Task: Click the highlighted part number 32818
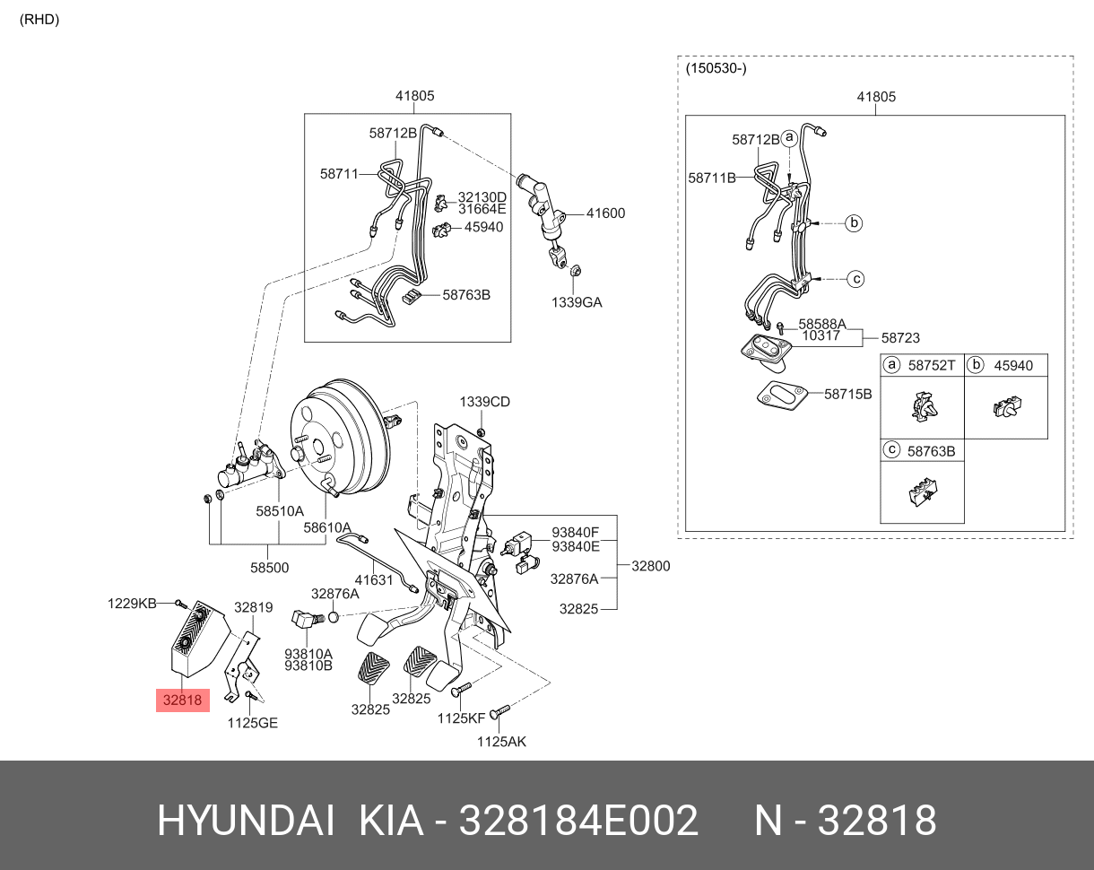(183, 700)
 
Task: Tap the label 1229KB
(132, 603)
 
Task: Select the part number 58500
(269, 567)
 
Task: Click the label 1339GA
(577, 302)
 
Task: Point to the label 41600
(606, 213)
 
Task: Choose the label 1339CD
(485, 402)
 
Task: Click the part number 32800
(650, 566)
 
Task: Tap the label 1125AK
(501, 741)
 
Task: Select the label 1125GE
(252, 722)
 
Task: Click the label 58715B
(847, 393)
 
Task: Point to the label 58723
(899, 338)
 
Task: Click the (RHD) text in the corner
(39, 20)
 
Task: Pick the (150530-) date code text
(716, 68)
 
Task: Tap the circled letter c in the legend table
(891, 450)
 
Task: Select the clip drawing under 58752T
(921, 408)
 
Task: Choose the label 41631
(374, 580)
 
